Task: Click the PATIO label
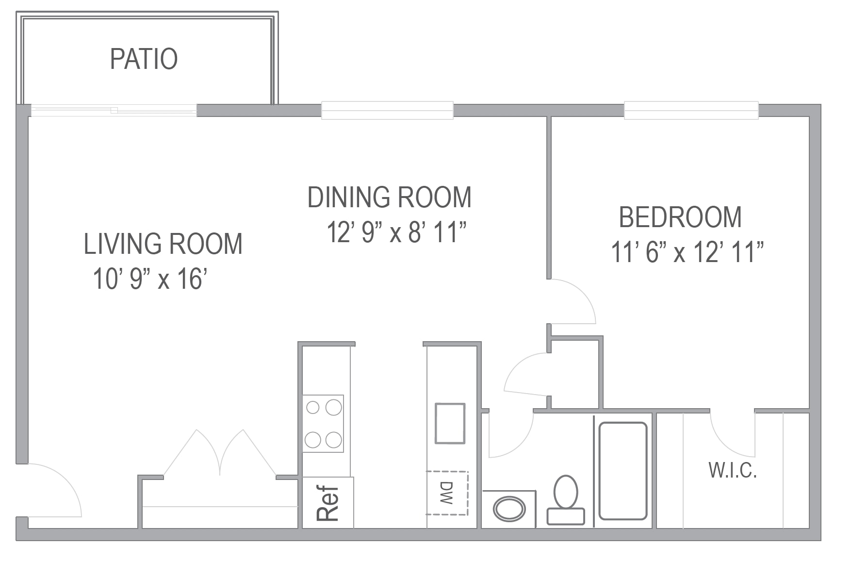pyautogui.click(x=144, y=59)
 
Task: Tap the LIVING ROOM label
pyautogui.click(x=163, y=244)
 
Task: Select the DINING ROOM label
pyautogui.click(x=390, y=197)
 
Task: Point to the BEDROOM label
pyautogui.click(x=680, y=217)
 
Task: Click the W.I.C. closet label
pyautogui.click(x=733, y=470)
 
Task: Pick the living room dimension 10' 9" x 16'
pyautogui.click(x=150, y=279)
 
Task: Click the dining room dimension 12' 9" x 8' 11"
pyautogui.click(x=396, y=232)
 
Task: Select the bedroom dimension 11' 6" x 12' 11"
pyautogui.click(x=687, y=252)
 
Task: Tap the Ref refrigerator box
pyautogui.click(x=328, y=503)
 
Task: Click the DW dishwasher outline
pyautogui.click(x=447, y=493)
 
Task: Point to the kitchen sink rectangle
pyautogui.click(x=450, y=423)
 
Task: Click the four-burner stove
pyautogui.click(x=323, y=424)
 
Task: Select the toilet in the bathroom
pyautogui.click(x=566, y=499)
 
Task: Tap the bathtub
pyautogui.click(x=623, y=471)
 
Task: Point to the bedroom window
pyautogui.click(x=691, y=110)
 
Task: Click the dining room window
pyautogui.click(x=387, y=110)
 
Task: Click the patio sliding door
pyautogui.click(x=114, y=111)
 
